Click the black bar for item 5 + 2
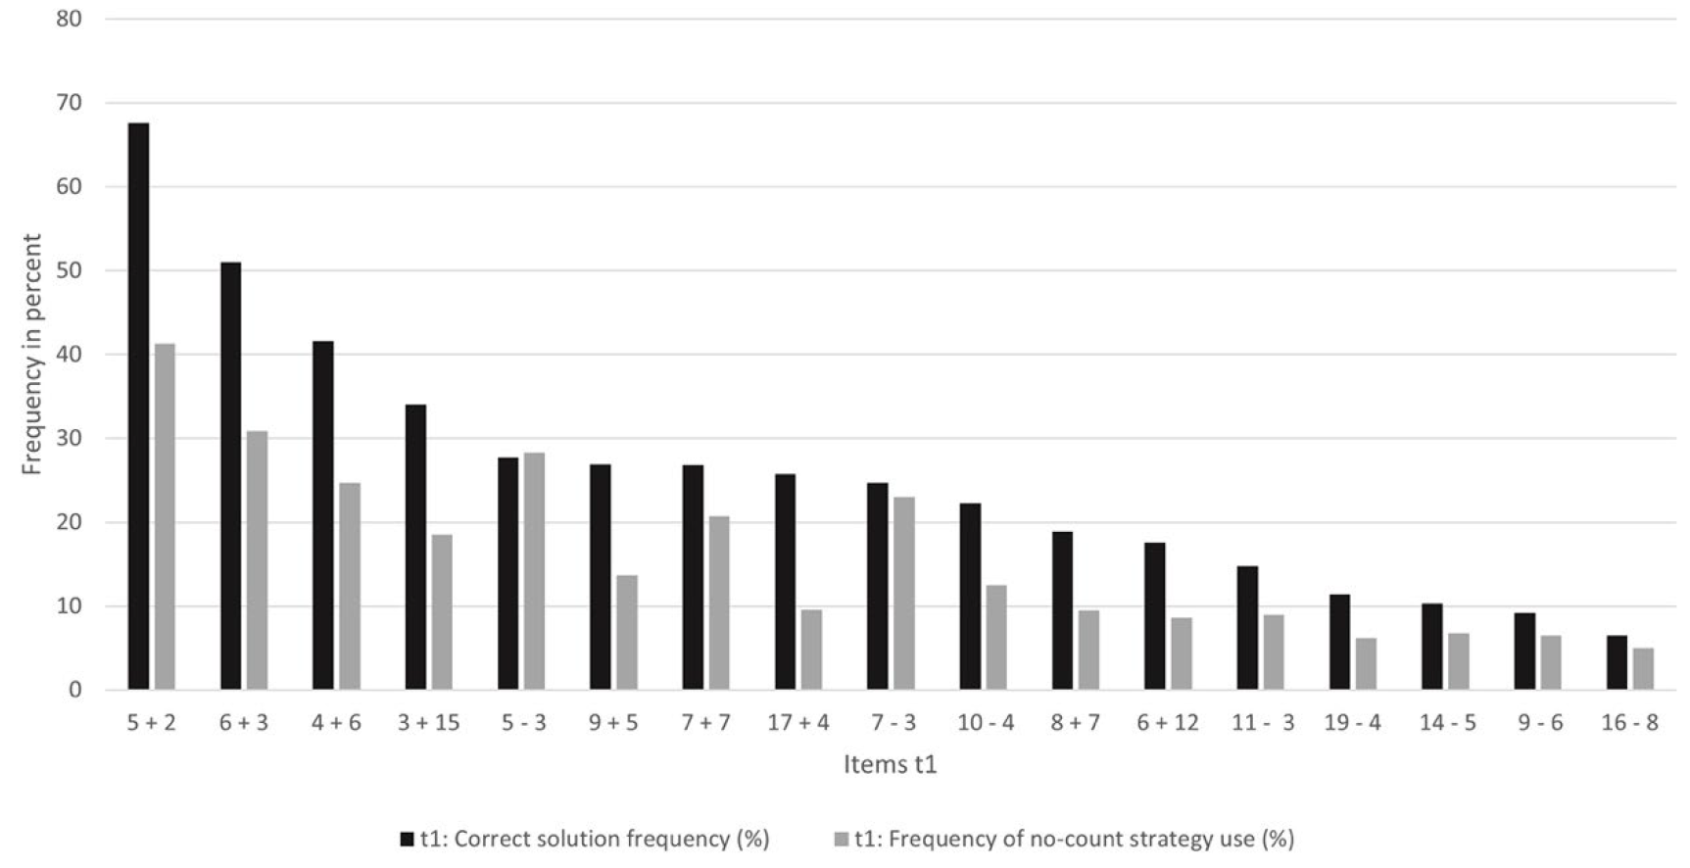pos(138,407)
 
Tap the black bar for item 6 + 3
pos(230,476)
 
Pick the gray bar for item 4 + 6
pos(350,587)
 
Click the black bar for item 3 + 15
pos(415,548)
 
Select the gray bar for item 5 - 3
pos(534,571)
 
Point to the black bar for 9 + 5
pos(600,577)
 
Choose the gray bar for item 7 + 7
pos(719,603)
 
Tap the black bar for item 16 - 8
pos(1617,663)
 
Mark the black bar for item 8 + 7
pos(1062,611)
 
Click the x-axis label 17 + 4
pos(798,723)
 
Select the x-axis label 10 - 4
pos(985,723)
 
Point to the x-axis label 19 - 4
pos(1353,723)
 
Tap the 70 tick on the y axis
pos(70,103)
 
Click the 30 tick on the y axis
pos(70,439)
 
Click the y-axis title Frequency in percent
pos(32,355)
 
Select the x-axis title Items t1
pos(891,764)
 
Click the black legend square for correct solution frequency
pos(408,840)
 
